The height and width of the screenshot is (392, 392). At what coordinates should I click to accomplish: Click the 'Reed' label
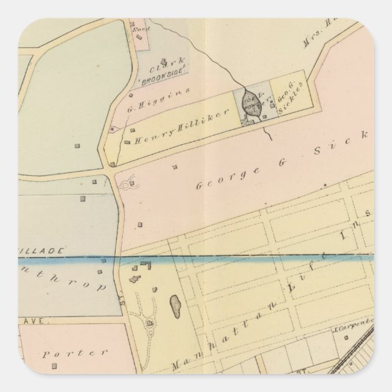click(137, 27)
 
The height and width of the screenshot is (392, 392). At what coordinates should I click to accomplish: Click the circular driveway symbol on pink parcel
click(128, 186)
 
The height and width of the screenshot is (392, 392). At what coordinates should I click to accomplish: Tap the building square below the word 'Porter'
click(54, 366)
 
